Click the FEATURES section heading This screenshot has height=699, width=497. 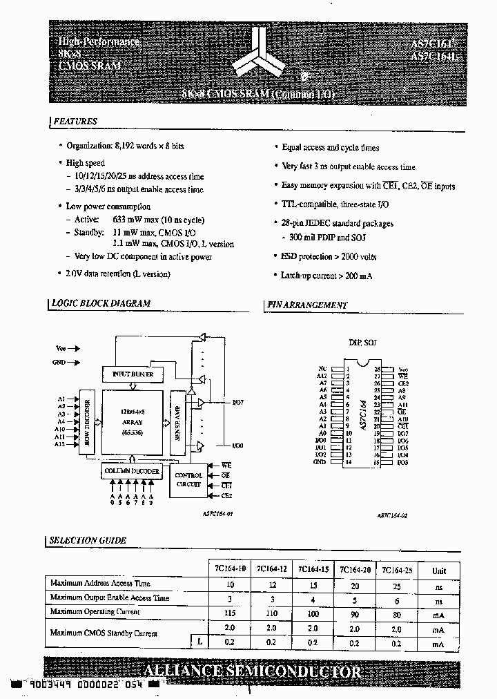(x=75, y=122)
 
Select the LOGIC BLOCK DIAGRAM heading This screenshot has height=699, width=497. (x=101, y=303)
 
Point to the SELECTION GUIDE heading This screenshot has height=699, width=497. (x=88, y=540)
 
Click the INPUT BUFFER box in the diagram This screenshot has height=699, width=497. (x=133, y=374)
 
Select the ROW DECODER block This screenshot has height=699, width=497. (x=88, y=425)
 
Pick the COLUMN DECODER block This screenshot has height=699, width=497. (x=132, y=471)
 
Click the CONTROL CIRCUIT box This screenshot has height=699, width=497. (x=188, y=480)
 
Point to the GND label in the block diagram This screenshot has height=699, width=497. (x=59, y=362)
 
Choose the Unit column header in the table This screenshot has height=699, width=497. (x=439, y=571)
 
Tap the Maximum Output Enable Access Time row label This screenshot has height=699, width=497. (x=110, y=597)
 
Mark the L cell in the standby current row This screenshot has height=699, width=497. (x=199, y=642)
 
